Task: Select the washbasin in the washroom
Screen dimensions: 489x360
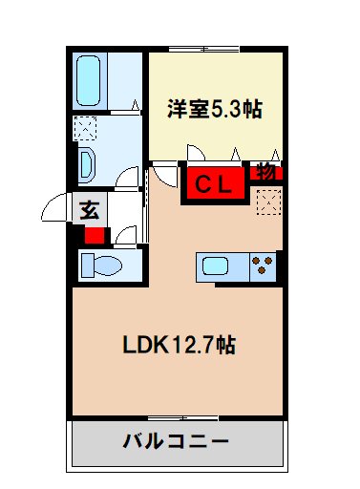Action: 87,163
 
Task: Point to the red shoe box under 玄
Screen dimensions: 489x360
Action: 95,235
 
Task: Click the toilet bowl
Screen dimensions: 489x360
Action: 98,265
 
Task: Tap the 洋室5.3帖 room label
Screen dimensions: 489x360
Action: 216,109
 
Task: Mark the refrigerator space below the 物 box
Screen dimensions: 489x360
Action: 267,202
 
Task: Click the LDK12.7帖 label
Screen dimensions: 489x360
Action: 178,344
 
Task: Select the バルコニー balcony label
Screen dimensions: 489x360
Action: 176,441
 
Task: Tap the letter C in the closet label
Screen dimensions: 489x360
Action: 202,183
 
